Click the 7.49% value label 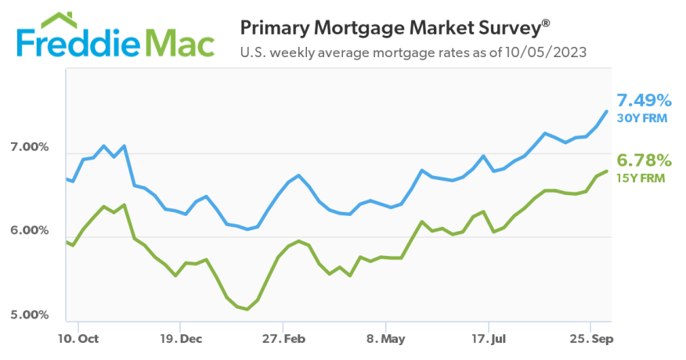(644, 101)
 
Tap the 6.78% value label (644, 160)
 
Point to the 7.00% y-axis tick (29, 147)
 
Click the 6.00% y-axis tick (29, 231)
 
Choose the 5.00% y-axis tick (29, 315)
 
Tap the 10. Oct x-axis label (79, 339)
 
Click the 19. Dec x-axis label (180, 339)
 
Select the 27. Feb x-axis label (283, 339)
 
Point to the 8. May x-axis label (386, 339)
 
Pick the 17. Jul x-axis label (489, 339)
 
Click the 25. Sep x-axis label (590, 339)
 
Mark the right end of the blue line (607, 111)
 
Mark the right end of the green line (607, 171)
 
